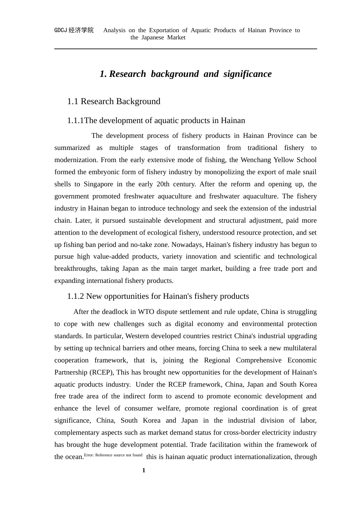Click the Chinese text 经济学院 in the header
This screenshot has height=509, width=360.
tap(81, 30)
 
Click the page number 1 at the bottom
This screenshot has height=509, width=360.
tap(144, 470)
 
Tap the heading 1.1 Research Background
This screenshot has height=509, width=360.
tap(114, 101)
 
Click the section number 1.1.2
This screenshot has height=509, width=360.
tap(75, 296)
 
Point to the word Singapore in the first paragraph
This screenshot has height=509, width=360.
tap(99, 184)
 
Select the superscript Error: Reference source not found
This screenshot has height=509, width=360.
tap(113, 455)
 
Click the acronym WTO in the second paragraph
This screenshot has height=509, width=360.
tap(146, 312)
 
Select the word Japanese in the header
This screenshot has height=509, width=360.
tap(152, 37)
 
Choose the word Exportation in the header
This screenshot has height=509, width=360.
tap(164, 30)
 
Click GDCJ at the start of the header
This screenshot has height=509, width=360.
tap(61, 30)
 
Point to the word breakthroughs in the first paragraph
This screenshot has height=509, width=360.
tap(75, 269)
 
